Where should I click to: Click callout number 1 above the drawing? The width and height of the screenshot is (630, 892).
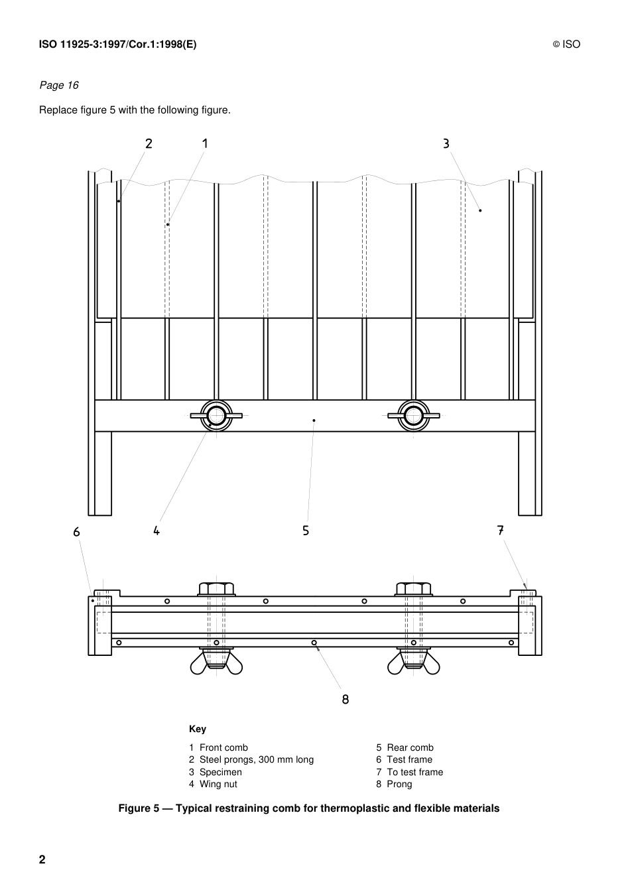[x=205, y=143]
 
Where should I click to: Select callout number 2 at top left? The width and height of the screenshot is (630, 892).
[x=149, y=143]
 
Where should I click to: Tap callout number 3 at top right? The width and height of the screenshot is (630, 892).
[x=446, y=143]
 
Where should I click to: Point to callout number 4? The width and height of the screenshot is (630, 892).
[x=157, y=531]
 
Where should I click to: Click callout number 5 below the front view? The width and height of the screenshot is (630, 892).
[x=306, y=531]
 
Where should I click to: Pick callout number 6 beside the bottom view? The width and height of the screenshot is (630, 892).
[x=77, y=532]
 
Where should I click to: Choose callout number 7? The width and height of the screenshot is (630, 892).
[x=501, y=530]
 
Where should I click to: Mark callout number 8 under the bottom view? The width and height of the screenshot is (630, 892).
[x=346, y=699]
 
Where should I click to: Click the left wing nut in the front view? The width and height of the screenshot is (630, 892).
[x=216, y=416]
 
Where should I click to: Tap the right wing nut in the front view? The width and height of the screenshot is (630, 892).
[x=414, y=416]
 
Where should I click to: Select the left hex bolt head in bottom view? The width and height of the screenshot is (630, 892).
[x=216, y=588]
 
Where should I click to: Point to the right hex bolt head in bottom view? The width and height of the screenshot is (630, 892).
[x=414, y=588]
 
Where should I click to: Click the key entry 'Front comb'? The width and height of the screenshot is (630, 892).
[x=223, y=747]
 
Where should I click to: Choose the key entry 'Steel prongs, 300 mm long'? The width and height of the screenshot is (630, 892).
[x=256, y=759]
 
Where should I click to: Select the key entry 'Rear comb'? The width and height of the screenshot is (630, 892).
[x=410, y=747]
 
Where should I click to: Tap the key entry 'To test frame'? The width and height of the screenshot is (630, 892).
[x=414, y=772]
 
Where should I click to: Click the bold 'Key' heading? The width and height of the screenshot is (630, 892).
[x=198, y=729]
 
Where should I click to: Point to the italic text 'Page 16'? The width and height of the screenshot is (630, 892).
[x=59, y=85]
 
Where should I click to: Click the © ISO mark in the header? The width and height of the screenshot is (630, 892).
[x=566, y=44]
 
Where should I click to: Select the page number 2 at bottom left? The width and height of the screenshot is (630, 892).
[x=42, y=860]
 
